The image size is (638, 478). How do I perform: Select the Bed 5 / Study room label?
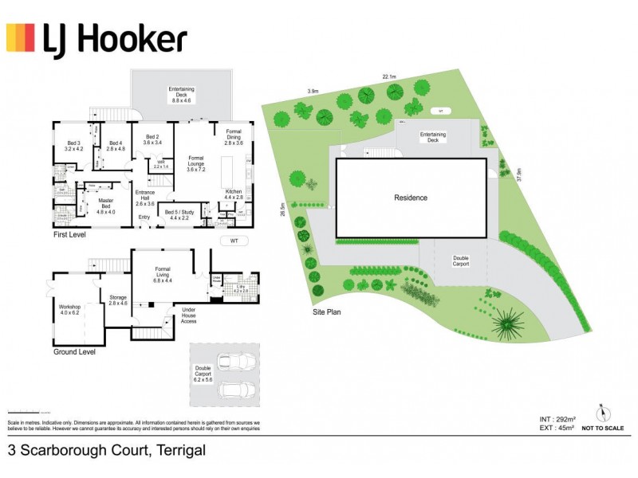point(179,214)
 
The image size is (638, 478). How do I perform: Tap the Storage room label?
point(117,300)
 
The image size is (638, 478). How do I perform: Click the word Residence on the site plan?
point(411,198)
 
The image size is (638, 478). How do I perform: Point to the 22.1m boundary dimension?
point(390,76)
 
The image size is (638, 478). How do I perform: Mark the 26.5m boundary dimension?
point(282,209)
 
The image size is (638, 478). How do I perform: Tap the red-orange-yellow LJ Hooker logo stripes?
point(20,38)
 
